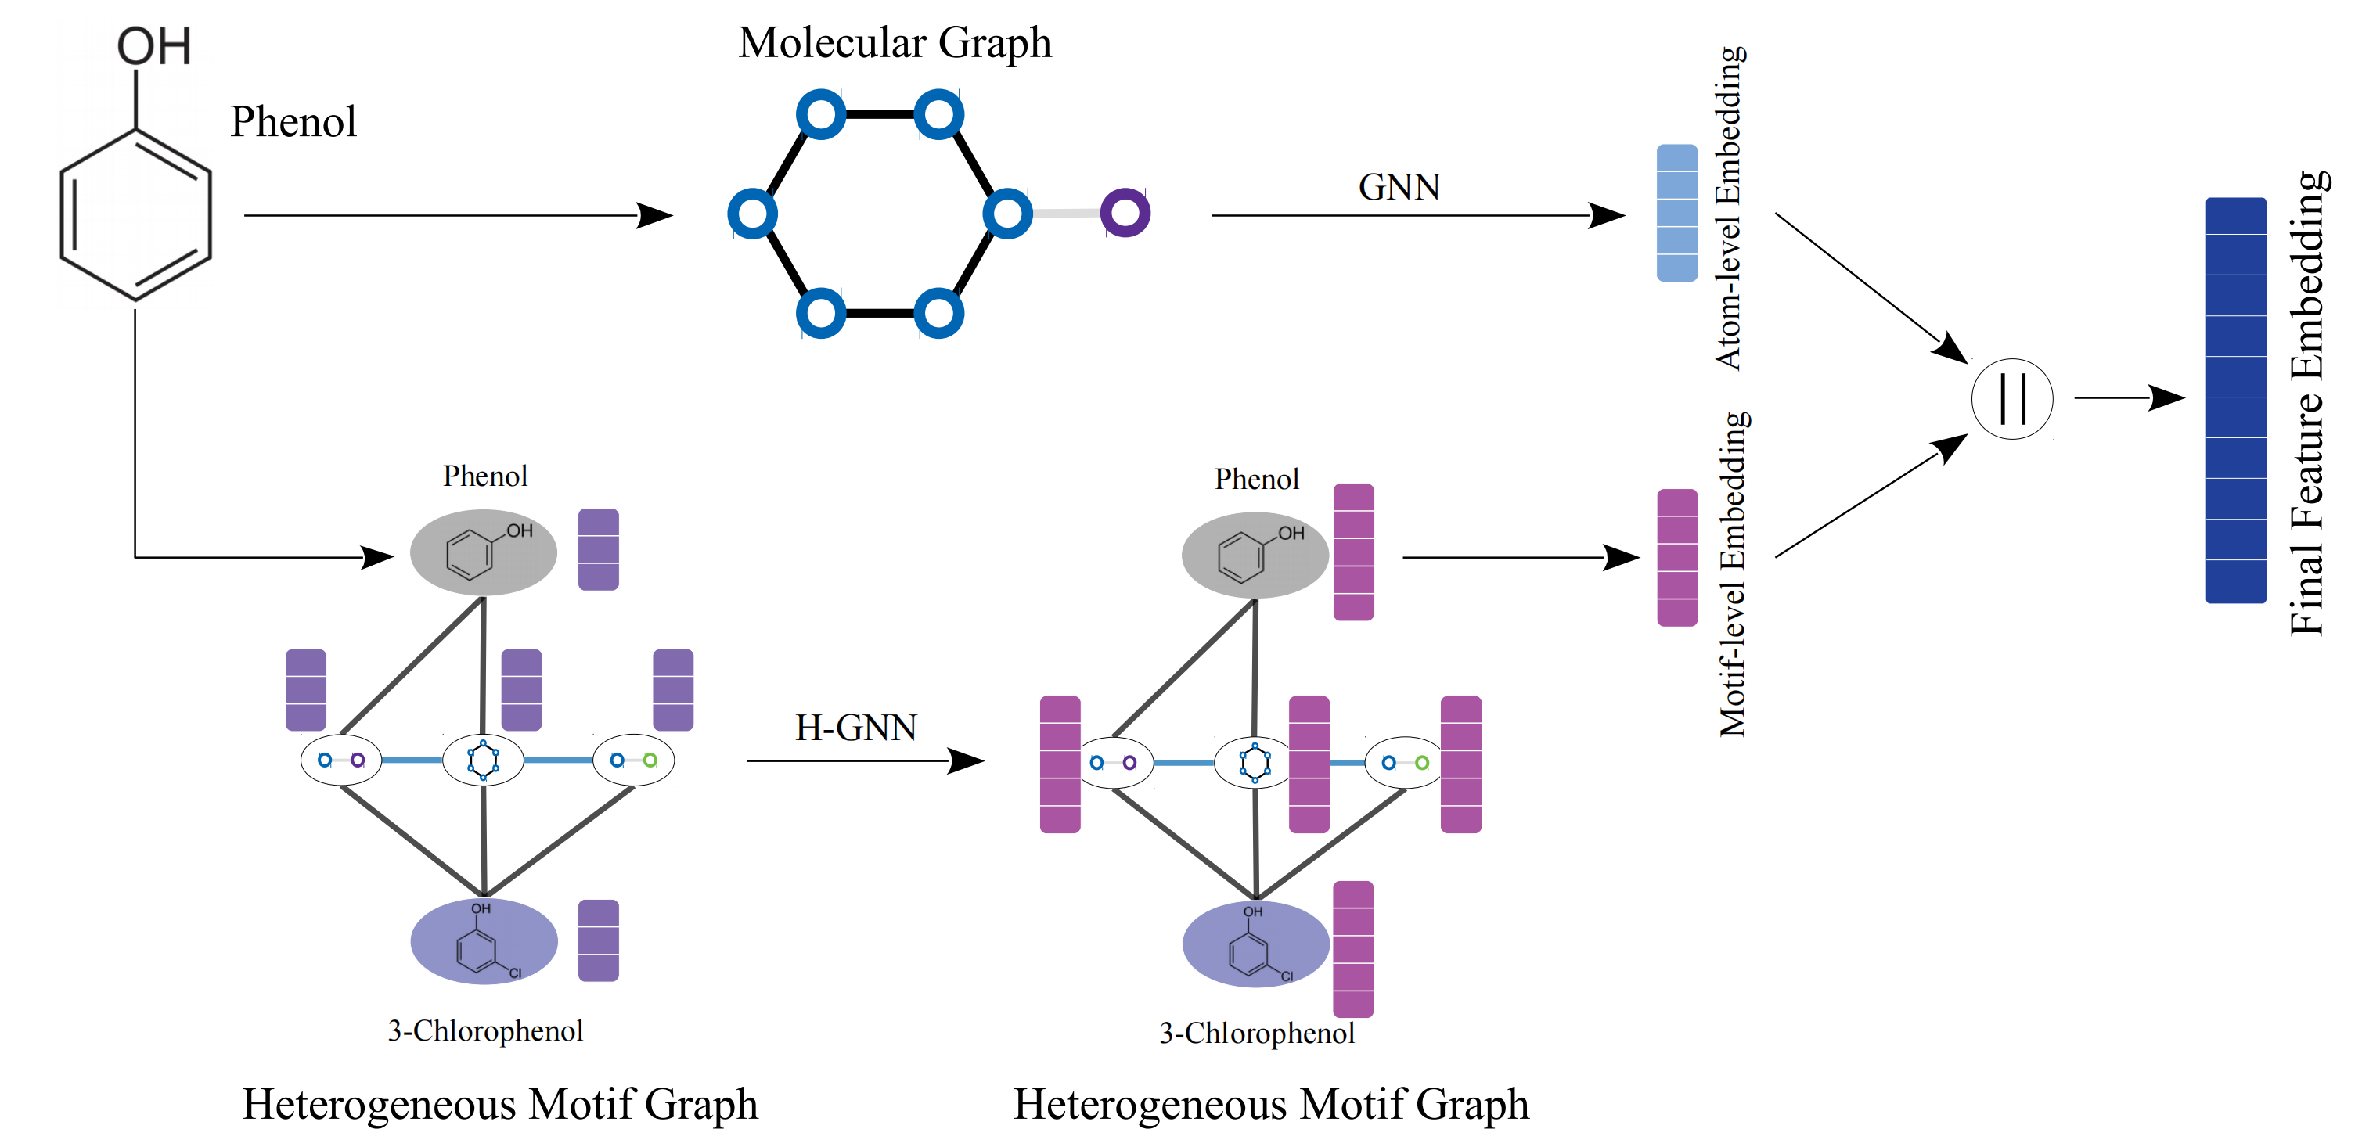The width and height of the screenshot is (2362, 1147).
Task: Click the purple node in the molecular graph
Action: point(1125,213)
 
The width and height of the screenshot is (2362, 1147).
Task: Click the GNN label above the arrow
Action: point(1399,187)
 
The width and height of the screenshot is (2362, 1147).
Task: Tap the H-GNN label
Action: point(855,728)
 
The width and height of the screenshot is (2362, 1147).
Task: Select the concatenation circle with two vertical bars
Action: point(2011,399)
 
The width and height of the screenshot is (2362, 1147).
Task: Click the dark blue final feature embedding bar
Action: point(2234,400)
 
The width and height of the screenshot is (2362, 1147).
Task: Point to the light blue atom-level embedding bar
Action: point(1676,213)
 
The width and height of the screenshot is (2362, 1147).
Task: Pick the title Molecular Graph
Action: point(894,42)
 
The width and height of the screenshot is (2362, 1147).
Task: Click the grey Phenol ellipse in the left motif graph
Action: point(483,553)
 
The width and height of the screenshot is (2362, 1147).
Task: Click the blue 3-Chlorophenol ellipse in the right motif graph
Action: point(1255,944)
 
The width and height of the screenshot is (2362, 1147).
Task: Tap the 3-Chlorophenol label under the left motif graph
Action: point(485,1030)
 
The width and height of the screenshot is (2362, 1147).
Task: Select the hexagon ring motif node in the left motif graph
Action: point(483,760)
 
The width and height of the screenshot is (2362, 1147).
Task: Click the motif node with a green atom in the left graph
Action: point(634,760)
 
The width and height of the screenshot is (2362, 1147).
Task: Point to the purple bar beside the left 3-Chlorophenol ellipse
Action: point(599,940)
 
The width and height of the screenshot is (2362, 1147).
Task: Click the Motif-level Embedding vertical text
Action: point(1732,574)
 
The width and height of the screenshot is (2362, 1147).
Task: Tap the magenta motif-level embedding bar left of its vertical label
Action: point(1676,557)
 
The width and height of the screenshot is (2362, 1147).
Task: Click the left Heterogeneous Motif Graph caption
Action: point(500,1104)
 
